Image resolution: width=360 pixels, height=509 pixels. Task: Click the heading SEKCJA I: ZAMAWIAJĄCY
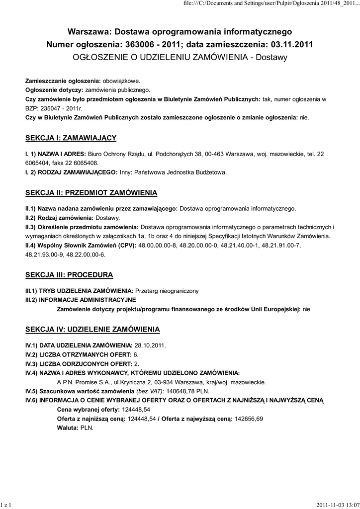click(x=71, y=138)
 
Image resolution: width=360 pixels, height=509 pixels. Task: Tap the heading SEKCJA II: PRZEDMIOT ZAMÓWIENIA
click(x=91, y=192)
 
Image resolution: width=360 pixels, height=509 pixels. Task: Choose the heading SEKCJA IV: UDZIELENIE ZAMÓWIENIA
click(x=92, y=329)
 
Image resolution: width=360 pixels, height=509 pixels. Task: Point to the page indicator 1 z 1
click(x=6, y=505)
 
